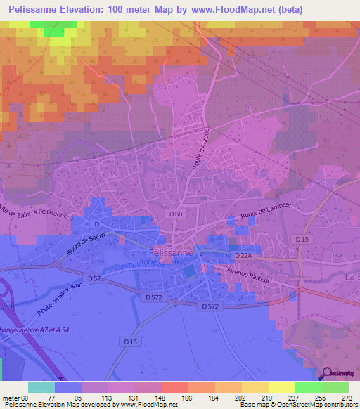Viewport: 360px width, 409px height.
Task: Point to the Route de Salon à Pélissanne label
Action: tap(35, 211)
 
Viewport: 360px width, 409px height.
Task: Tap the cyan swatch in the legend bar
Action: tap(41, 387)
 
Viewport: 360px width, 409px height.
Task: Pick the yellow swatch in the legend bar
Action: tap(282, 387)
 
